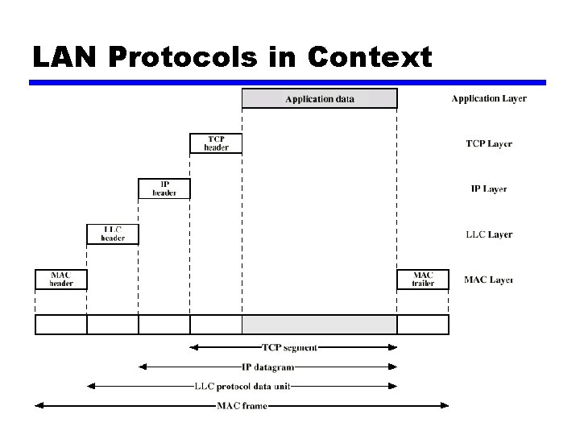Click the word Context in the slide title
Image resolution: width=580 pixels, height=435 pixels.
370,57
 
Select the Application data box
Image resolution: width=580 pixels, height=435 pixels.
319,99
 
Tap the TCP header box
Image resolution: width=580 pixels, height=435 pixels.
216,143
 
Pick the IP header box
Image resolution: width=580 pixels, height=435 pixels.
164,188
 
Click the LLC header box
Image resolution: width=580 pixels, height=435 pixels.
113,234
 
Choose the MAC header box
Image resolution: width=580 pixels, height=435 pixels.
60,280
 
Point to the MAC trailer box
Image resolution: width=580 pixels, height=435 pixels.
423,280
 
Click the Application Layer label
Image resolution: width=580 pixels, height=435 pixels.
489,99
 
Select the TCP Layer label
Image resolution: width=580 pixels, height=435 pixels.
489,144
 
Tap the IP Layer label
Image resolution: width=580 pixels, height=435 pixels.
489,189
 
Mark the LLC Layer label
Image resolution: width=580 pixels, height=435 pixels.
489,234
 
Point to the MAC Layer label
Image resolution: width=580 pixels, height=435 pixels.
489,280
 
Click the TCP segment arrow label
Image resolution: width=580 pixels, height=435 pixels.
290,348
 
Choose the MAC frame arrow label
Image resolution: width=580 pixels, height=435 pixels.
242,406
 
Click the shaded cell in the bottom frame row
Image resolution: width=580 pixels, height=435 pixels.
319,325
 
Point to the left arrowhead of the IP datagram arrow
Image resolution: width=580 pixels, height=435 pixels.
143,367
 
